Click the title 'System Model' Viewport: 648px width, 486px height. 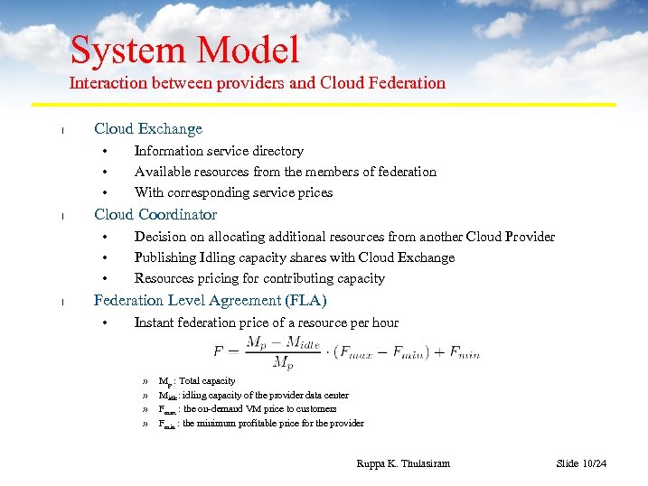coord(184,50)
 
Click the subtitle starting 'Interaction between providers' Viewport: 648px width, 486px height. coord(258,83)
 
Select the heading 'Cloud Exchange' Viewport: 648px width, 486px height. coord(148,129)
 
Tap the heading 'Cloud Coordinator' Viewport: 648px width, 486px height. coord(155,215)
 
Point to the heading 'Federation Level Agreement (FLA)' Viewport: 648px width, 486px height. coord(211,301)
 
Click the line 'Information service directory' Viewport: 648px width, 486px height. coord(219,151)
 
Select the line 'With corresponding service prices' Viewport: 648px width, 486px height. coord(233,192)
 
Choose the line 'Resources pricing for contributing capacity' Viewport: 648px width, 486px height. coord(259,278)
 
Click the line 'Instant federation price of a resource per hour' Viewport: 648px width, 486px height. coord(266,322)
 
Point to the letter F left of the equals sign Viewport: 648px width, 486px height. coord(219,352)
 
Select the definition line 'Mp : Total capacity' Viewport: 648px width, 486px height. coord(197,381)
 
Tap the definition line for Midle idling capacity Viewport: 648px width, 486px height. coord(253,395)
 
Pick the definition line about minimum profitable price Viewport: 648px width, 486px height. coord(261,423)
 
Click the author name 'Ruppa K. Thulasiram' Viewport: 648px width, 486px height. coord(403,463)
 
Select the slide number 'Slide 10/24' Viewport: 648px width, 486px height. coord(581,463)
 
